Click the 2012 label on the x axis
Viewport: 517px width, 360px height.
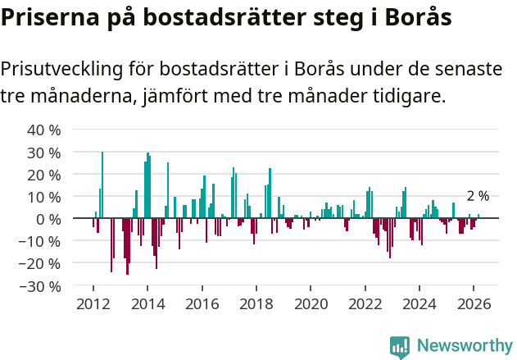(93, 303)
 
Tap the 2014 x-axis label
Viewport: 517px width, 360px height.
(147, 303)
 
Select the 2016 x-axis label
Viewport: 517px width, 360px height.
(202, 303)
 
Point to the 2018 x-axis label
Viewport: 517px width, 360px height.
(256, 303)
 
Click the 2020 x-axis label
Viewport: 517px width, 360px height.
(311, 303)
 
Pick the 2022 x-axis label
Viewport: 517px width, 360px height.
(365, 303)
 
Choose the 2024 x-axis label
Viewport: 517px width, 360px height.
(419, 303)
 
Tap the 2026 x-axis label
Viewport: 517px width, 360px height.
(474, 303)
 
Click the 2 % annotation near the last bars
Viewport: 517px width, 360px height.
(478, 196)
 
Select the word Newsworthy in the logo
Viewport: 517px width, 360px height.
(465, 346)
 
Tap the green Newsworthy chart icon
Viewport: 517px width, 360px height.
(400, 347)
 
